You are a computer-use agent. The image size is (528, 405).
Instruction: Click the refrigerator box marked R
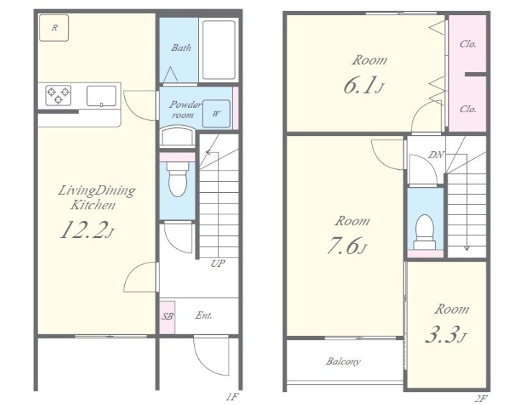pyautogui.click(x=54, y=27)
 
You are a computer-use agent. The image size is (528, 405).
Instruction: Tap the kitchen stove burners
pyautogui.click(x=58, y=95)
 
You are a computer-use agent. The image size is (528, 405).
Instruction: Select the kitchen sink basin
pyautogui.click(x=101, y=96)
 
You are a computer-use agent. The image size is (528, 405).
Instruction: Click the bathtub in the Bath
pyautogui.click(x=219, y=50)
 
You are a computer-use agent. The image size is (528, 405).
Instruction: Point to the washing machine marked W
pyautogui.click(x=216, y=114)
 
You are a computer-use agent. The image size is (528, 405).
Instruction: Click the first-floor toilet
pyautogui.click(x=177, y=178)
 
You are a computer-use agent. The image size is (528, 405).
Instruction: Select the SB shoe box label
pyautogui.click(x=167, y=317)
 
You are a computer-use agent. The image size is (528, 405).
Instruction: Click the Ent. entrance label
pyautogui.click(x=204, y=316)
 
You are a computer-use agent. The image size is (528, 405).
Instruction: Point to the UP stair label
pyautogui.click(x=218, y=263)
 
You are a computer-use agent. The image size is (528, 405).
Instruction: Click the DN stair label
pyautogui.click(x=436, y=155)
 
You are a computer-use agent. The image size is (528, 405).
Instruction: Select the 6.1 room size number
pyautogui.click(x=359, y=85)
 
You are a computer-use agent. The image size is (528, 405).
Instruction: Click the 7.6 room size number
pyautogui.click(x=342, y=246)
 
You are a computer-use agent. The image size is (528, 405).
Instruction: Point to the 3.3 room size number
pyautogui.click(x=442, y=335)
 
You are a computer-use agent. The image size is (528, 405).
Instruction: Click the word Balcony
pyautogui.click(x=343, y=362)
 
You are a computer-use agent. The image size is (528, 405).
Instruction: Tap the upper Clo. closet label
pyautogui.click(x=468, y=44)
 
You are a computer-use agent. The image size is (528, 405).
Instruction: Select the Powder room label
pyautogui.click(x=185, y=109)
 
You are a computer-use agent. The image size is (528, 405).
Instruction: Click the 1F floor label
pyautogui.click(x=232, y=398)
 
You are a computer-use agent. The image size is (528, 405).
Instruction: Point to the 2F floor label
pyautogui.click(x=481, y=399)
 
